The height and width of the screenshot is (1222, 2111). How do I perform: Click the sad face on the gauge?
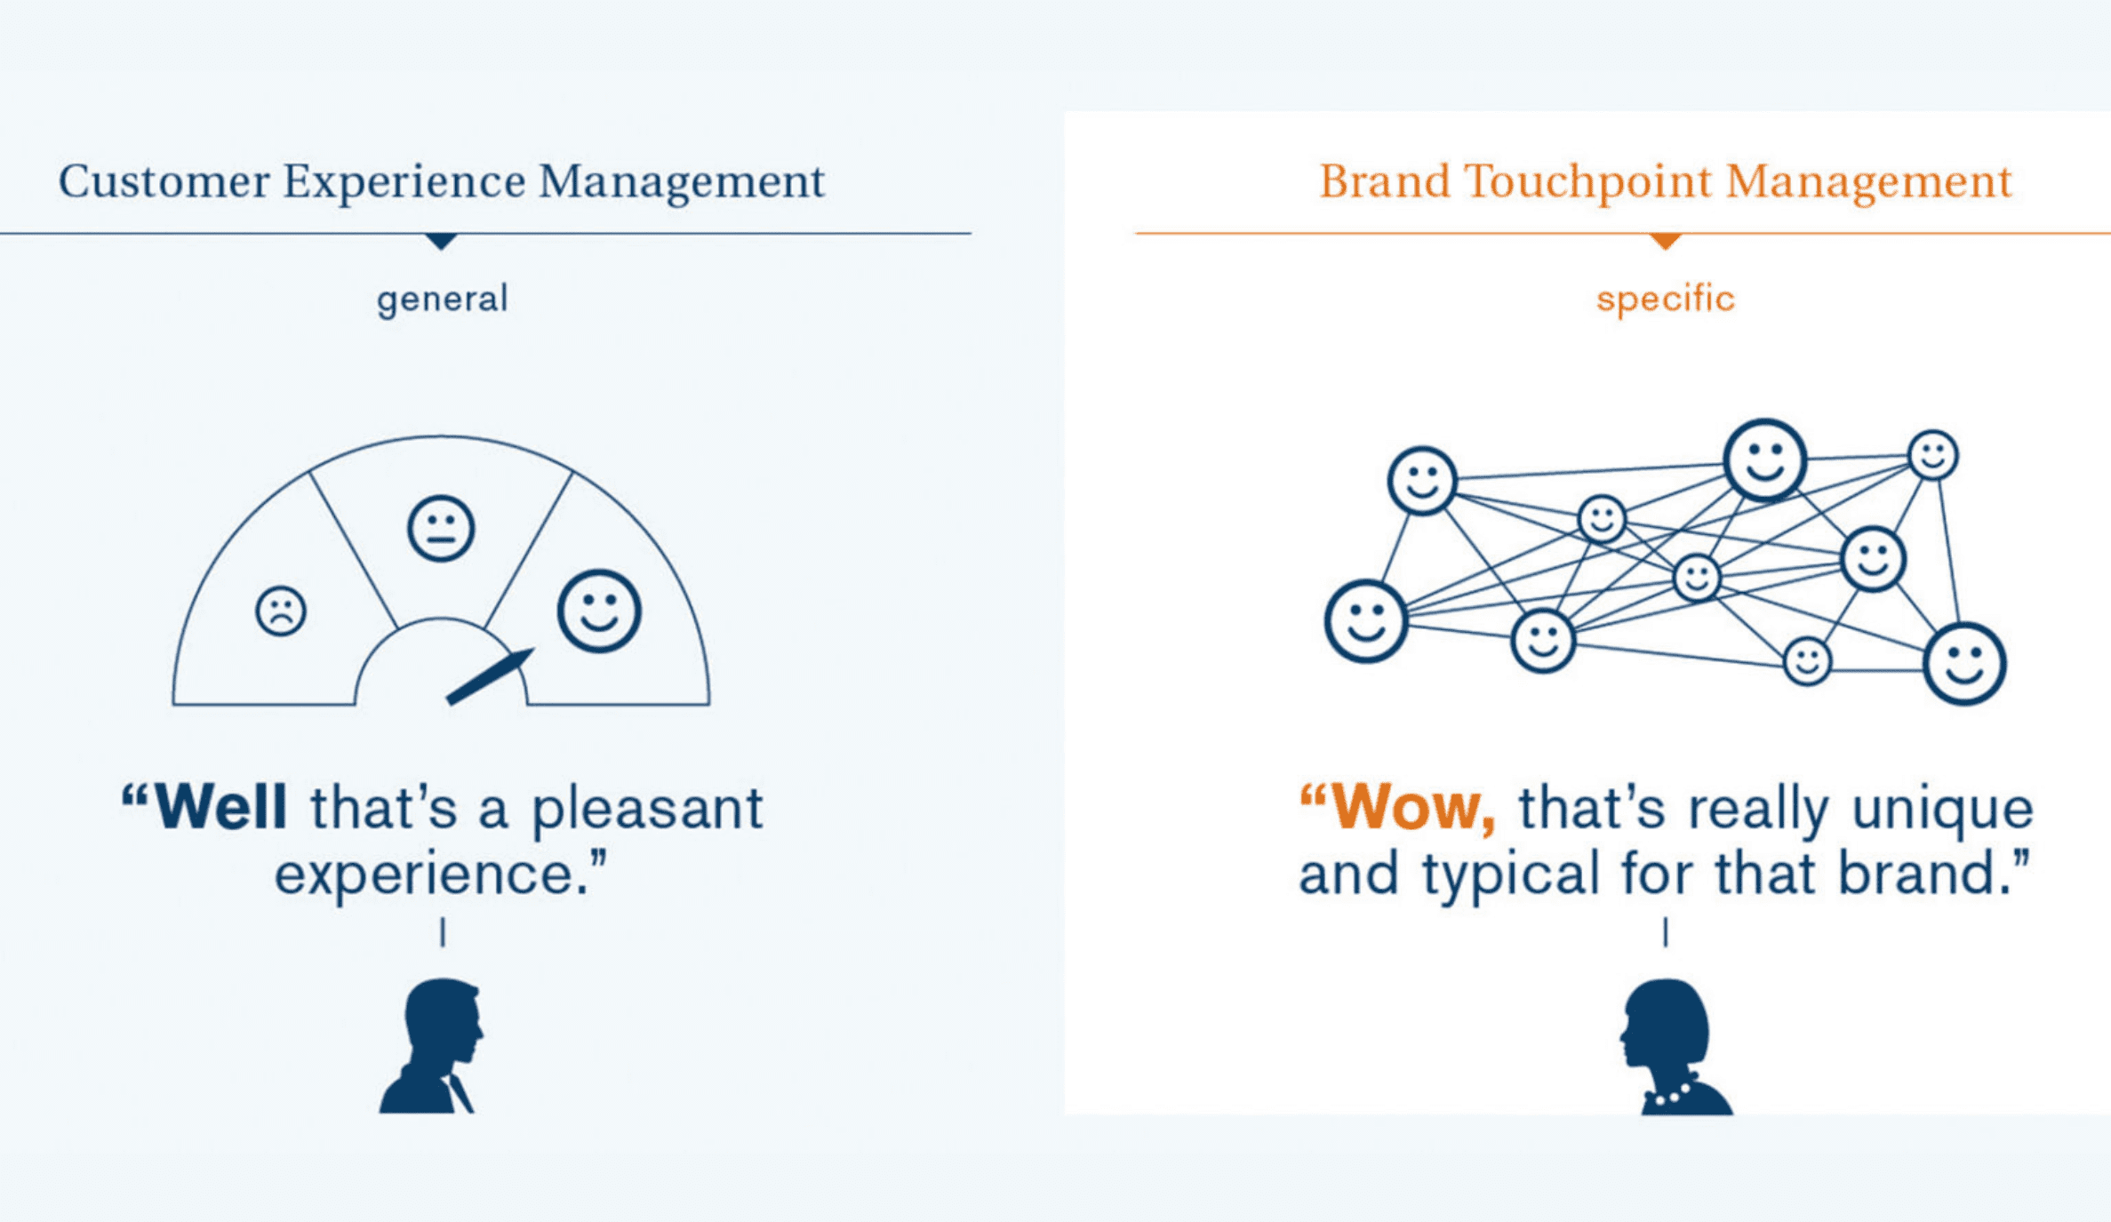281,611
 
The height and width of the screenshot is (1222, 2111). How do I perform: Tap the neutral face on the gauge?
441,529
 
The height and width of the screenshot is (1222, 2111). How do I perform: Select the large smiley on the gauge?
599,611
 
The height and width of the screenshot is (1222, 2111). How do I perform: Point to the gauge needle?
490,677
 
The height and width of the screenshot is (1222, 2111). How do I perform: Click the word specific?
1666,300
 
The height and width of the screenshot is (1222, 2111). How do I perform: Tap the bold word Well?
220,807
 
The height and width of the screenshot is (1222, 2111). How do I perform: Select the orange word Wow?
1413,807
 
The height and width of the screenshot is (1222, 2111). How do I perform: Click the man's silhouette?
432,1046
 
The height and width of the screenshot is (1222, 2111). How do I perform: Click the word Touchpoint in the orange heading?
1587,182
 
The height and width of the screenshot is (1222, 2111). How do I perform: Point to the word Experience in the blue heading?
404,182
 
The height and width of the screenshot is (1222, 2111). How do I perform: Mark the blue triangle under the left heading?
441,241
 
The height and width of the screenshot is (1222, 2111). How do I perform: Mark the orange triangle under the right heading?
1666,241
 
